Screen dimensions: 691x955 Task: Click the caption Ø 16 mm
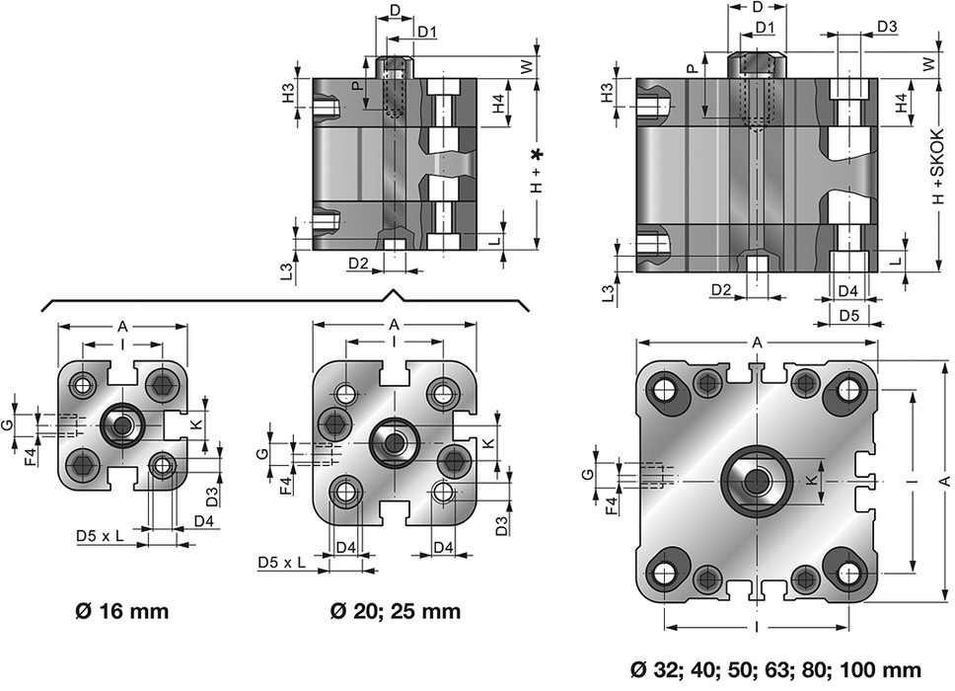pos(122,610)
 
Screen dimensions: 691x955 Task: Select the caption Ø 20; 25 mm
pos(395,610)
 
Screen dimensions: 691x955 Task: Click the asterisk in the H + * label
pos(538,154)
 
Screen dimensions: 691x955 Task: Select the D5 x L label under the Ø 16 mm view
pos(101,535)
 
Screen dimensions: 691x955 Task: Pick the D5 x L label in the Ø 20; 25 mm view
pos(282,563)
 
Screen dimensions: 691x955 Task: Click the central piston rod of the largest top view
pos(758,482)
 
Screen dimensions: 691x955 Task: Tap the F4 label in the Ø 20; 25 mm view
pos(286,486)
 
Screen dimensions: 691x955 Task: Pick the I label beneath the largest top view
pos(755,627)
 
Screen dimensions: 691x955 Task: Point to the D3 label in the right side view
pos(886,26)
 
